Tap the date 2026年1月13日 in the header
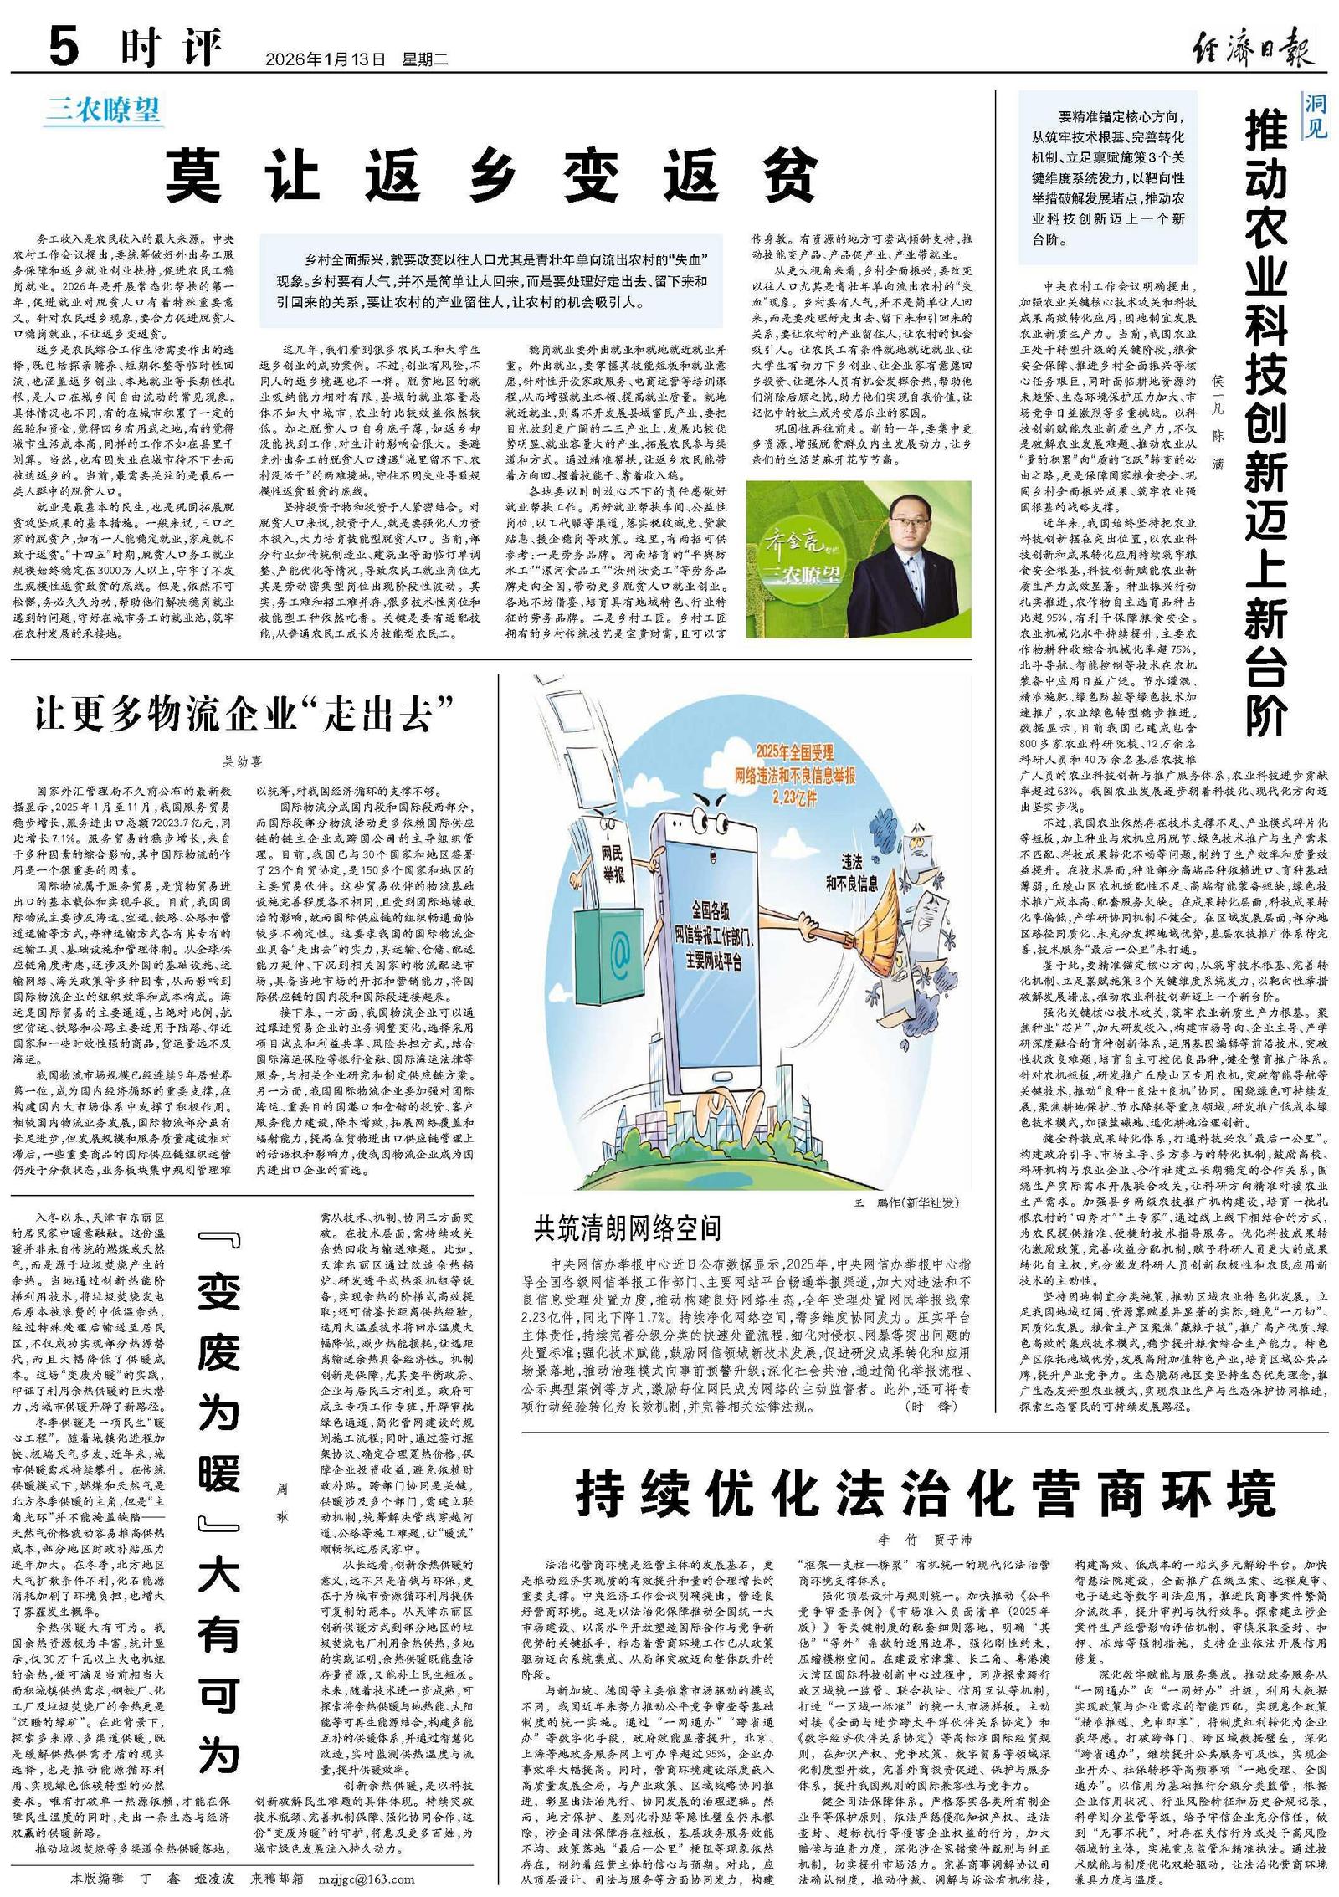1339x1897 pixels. point(325,59)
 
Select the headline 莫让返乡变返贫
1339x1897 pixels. point(490,177)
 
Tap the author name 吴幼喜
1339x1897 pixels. point(242,761)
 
